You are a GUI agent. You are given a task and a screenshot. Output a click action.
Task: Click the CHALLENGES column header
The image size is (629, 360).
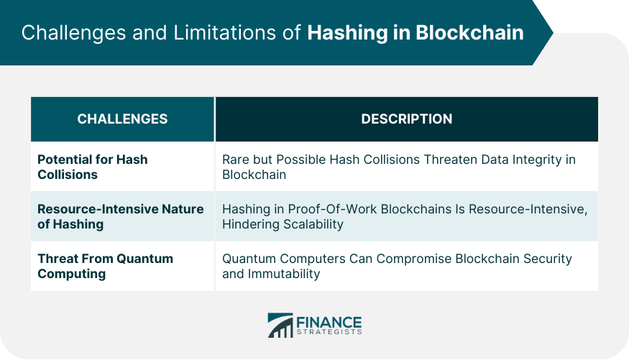pos(122,119)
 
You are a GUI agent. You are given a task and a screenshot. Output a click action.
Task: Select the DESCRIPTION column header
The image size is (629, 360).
pos(406,119)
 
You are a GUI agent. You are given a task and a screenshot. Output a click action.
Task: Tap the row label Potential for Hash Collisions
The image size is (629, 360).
pos(92,167)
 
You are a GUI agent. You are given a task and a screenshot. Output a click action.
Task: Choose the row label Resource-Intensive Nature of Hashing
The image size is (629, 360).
pos(120,216)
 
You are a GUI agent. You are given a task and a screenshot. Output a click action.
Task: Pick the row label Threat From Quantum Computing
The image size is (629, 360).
pos(105,266)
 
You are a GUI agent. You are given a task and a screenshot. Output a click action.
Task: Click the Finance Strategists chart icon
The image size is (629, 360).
pos(280,325)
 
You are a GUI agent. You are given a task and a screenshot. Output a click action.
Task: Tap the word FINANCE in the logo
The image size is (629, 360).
pos(329,321)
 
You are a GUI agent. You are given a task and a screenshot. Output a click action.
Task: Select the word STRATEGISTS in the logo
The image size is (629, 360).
pos(329,332)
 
